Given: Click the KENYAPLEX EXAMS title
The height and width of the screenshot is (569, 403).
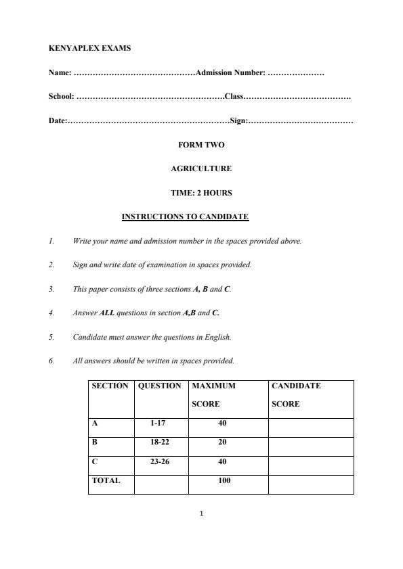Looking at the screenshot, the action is click(81, 49).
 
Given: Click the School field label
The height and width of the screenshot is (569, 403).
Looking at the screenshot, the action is click(61, 97).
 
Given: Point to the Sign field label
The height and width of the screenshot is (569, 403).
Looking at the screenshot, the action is click(239, 121).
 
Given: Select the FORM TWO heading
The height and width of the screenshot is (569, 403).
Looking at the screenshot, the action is click(200, 145).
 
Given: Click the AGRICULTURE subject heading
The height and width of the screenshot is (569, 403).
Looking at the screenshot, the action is click(200, 168).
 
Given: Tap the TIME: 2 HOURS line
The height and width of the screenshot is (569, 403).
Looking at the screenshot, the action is click(200, 193).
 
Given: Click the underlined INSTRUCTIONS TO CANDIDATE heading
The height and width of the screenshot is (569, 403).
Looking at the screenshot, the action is click(185, 217).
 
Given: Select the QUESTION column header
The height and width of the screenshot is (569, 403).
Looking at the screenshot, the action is click(160, 386).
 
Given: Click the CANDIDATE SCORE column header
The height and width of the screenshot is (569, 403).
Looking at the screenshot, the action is click(296, 394).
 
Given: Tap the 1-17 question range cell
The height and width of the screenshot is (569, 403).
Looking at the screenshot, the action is click(160, 424).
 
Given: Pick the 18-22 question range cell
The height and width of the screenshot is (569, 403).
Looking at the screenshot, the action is click(160, 442).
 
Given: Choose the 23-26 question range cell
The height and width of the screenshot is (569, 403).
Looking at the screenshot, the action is click(160, 461).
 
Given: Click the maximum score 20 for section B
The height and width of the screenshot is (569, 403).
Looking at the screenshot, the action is click(222, 442).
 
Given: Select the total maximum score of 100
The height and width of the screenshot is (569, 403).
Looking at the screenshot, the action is click(224, 480).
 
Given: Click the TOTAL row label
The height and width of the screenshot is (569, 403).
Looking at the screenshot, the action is click(106, 480).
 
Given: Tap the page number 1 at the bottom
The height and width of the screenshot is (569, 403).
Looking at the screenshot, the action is click(202, 514).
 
